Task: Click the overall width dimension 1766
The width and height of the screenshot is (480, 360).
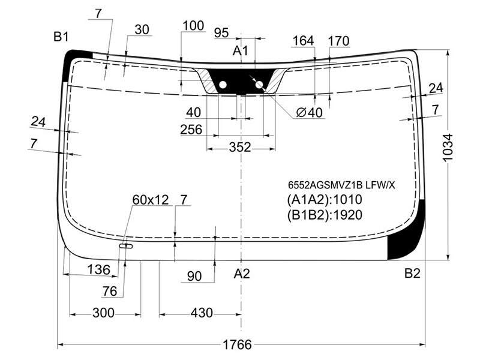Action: tap(237, 344)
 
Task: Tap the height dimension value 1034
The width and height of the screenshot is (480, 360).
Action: tap(448, 147)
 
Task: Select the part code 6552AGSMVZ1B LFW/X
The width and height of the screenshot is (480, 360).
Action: tap(341, 185)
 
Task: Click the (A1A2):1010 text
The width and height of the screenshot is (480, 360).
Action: tap(325, 200)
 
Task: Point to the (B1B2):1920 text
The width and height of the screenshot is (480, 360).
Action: tap(325, 215)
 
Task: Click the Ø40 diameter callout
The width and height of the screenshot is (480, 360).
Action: tap(310, 113)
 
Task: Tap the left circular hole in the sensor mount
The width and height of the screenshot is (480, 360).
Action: tap(223, 85)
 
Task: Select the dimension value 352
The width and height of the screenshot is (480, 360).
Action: tap(240, 147)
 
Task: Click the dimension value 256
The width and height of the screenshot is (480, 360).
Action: tap(191, 130)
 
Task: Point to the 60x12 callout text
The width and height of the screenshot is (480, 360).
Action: tap(151, 200)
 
